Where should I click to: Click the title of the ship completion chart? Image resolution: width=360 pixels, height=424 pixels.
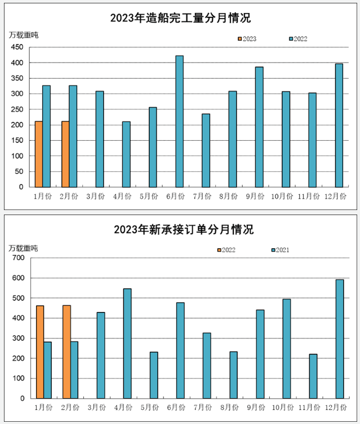point(180,18)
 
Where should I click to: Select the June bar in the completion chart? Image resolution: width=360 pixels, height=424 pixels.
point(179,121)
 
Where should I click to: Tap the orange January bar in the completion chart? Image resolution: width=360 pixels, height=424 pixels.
point(38,154)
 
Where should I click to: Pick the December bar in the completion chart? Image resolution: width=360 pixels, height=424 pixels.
point(339,125)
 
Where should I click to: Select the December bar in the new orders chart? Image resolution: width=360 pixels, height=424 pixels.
point(340,338)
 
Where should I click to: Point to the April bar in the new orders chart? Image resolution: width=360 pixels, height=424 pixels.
point(127,343)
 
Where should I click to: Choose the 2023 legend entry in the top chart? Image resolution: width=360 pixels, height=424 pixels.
point(247,39)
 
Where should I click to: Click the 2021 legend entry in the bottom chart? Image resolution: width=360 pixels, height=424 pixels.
point(281,250)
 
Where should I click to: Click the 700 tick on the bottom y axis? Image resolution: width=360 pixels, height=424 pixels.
point(19,258)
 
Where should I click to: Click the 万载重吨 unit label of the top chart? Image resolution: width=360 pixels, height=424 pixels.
point(24,35)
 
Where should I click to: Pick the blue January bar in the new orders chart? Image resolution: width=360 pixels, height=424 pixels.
point(47,370)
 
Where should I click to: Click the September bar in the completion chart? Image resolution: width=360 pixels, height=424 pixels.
point(259,127)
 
